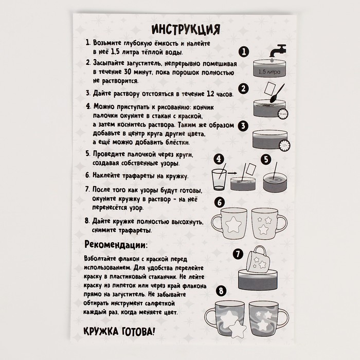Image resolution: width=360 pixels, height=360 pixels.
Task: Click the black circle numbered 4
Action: tap(218, 159)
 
